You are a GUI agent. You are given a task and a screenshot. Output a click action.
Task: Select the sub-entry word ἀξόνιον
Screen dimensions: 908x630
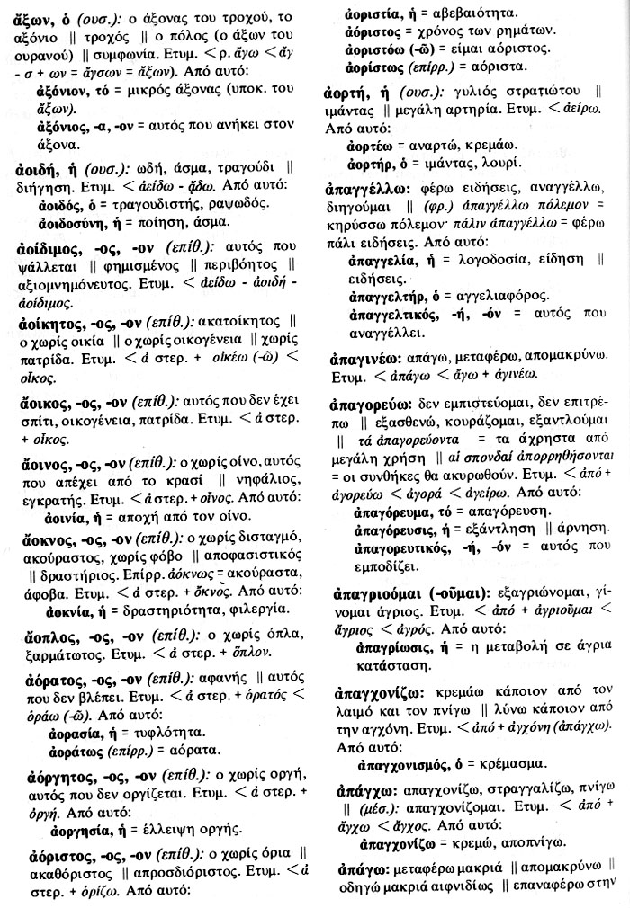point(69,92)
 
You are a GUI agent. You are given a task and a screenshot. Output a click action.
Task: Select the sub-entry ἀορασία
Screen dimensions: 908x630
point(75,730)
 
